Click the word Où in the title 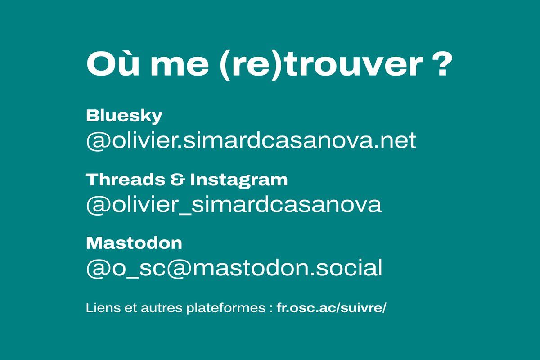point(113,64)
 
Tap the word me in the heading point(180,67)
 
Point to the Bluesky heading point(124,117)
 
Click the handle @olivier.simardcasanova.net point(251,141)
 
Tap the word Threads point(126,180)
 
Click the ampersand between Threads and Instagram point(178,180)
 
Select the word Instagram point(239,181)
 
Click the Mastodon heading point(134,243)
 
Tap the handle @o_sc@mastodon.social point(234,267)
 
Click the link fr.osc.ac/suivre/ point(332,308)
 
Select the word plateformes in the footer point(226,309)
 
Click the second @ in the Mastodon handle point(179,269)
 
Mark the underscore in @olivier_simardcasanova point(184,212)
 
